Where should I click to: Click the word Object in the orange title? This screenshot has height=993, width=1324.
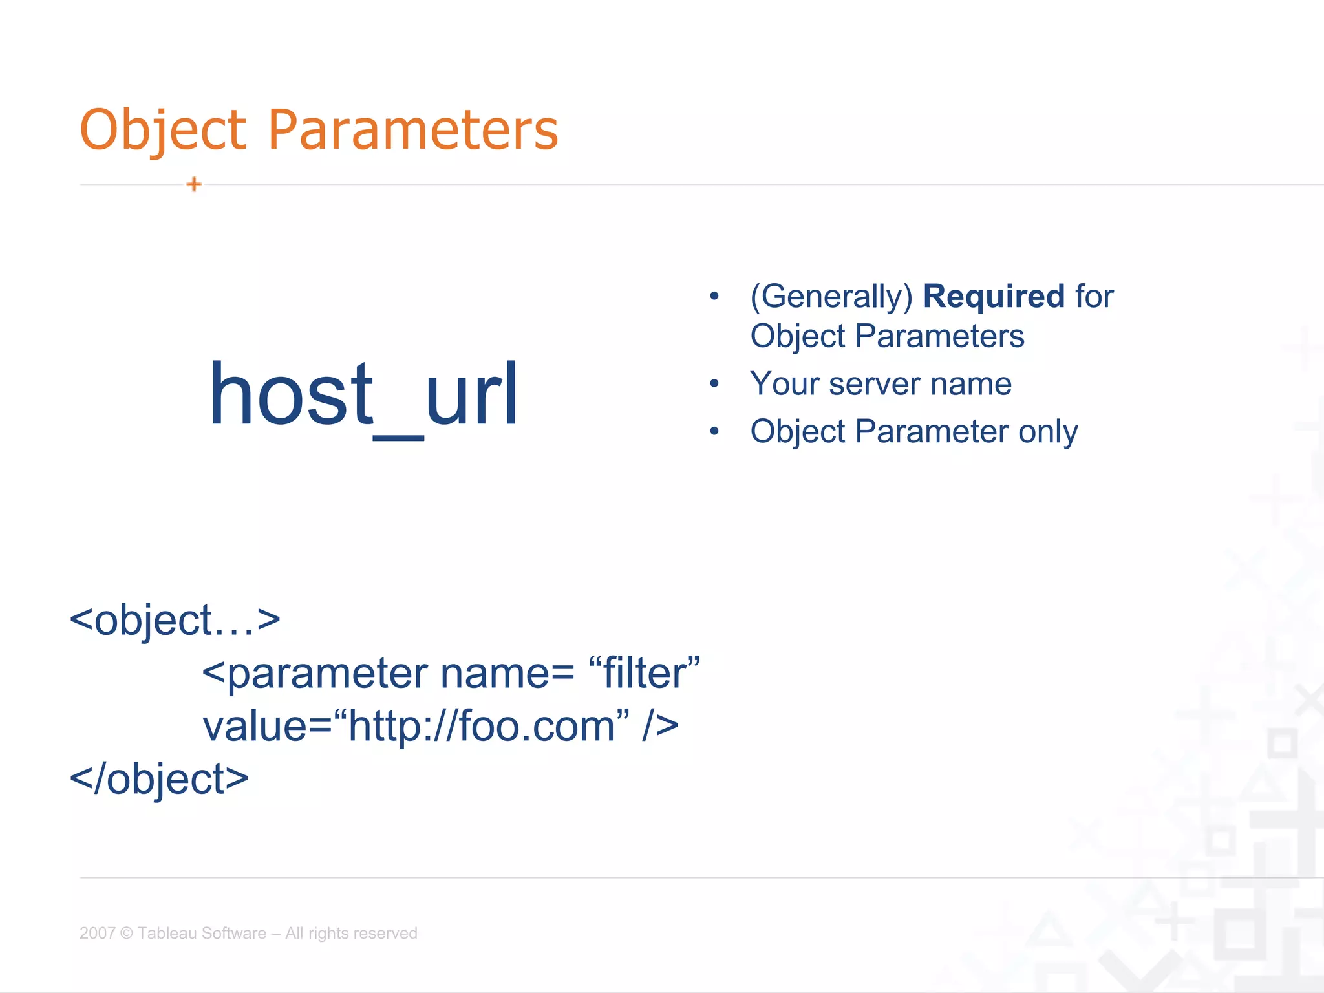[163, 130]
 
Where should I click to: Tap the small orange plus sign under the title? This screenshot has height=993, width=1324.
[194, 184]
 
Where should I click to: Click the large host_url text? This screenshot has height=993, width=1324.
[363, 395]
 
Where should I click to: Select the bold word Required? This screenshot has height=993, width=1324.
[993, 296]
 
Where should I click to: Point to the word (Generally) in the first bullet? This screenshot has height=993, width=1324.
[831, 297]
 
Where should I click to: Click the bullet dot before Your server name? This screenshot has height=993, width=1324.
[714, 384]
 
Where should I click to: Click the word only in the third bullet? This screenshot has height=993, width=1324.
[1048, 431]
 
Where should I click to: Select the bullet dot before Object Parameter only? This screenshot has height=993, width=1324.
[714, 431]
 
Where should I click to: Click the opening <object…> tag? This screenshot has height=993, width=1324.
[175, 620]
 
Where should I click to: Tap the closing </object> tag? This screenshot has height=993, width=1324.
[159, 779]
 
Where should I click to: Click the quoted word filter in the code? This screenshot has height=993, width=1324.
[645, 673]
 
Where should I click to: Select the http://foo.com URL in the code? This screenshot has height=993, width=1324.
[482, 726]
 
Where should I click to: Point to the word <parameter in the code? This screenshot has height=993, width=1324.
[315, 673]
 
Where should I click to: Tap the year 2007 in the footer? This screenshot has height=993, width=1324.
[97, 933]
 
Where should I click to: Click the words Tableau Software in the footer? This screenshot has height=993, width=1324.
[202, 933]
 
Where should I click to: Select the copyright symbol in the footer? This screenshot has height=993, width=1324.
[126, 933]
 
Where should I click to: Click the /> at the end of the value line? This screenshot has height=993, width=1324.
[661, 726]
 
